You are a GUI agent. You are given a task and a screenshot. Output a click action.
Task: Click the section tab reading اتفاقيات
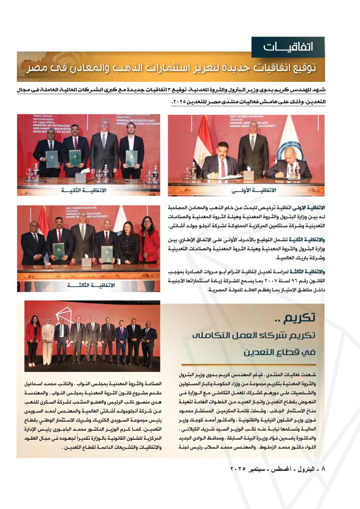pos(288,46)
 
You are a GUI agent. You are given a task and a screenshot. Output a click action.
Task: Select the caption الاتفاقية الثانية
pos(84,191)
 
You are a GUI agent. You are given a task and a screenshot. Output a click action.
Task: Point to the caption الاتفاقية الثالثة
pos(92,285)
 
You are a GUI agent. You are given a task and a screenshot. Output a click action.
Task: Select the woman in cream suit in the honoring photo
pos(48,339)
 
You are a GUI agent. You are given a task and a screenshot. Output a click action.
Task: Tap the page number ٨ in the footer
pos(323,469)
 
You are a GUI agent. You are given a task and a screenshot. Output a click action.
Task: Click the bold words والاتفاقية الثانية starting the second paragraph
pos(309,240)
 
